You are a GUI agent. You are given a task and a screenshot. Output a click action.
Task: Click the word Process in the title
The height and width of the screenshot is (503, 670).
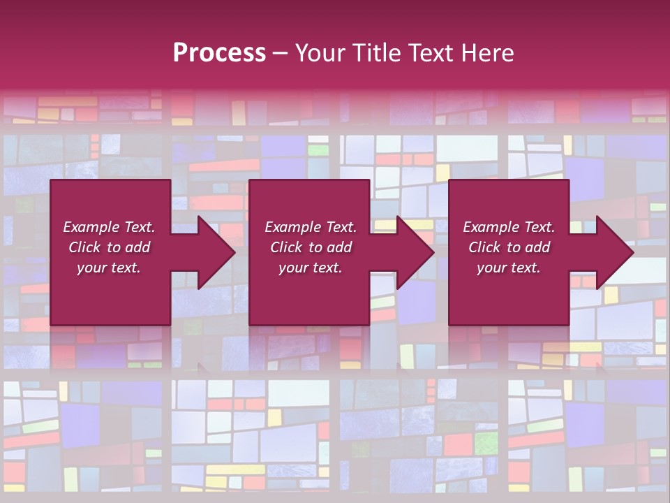tap(219, 53)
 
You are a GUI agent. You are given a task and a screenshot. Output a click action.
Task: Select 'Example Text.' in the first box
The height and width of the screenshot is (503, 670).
tap(109, 227)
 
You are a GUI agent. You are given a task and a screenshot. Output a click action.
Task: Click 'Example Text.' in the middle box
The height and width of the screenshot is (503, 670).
tap(311, 227)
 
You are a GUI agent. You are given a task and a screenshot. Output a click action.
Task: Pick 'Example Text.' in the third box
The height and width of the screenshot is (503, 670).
tap(509, 227)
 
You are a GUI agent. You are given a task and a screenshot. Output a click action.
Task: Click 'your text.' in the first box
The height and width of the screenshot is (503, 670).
tap(109, 268)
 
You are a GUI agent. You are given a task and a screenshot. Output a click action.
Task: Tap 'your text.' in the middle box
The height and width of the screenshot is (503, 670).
tap(311, 268)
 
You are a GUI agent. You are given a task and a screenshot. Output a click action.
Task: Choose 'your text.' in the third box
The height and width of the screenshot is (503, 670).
tap(509, 268)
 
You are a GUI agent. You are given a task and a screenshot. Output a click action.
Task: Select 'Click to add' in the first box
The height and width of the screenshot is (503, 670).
tap(109, 247)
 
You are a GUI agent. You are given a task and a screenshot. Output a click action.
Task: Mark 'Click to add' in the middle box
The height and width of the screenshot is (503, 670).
tap(311, 247)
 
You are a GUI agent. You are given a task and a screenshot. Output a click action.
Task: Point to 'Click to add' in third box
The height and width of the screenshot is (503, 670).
tap(509, 247)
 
